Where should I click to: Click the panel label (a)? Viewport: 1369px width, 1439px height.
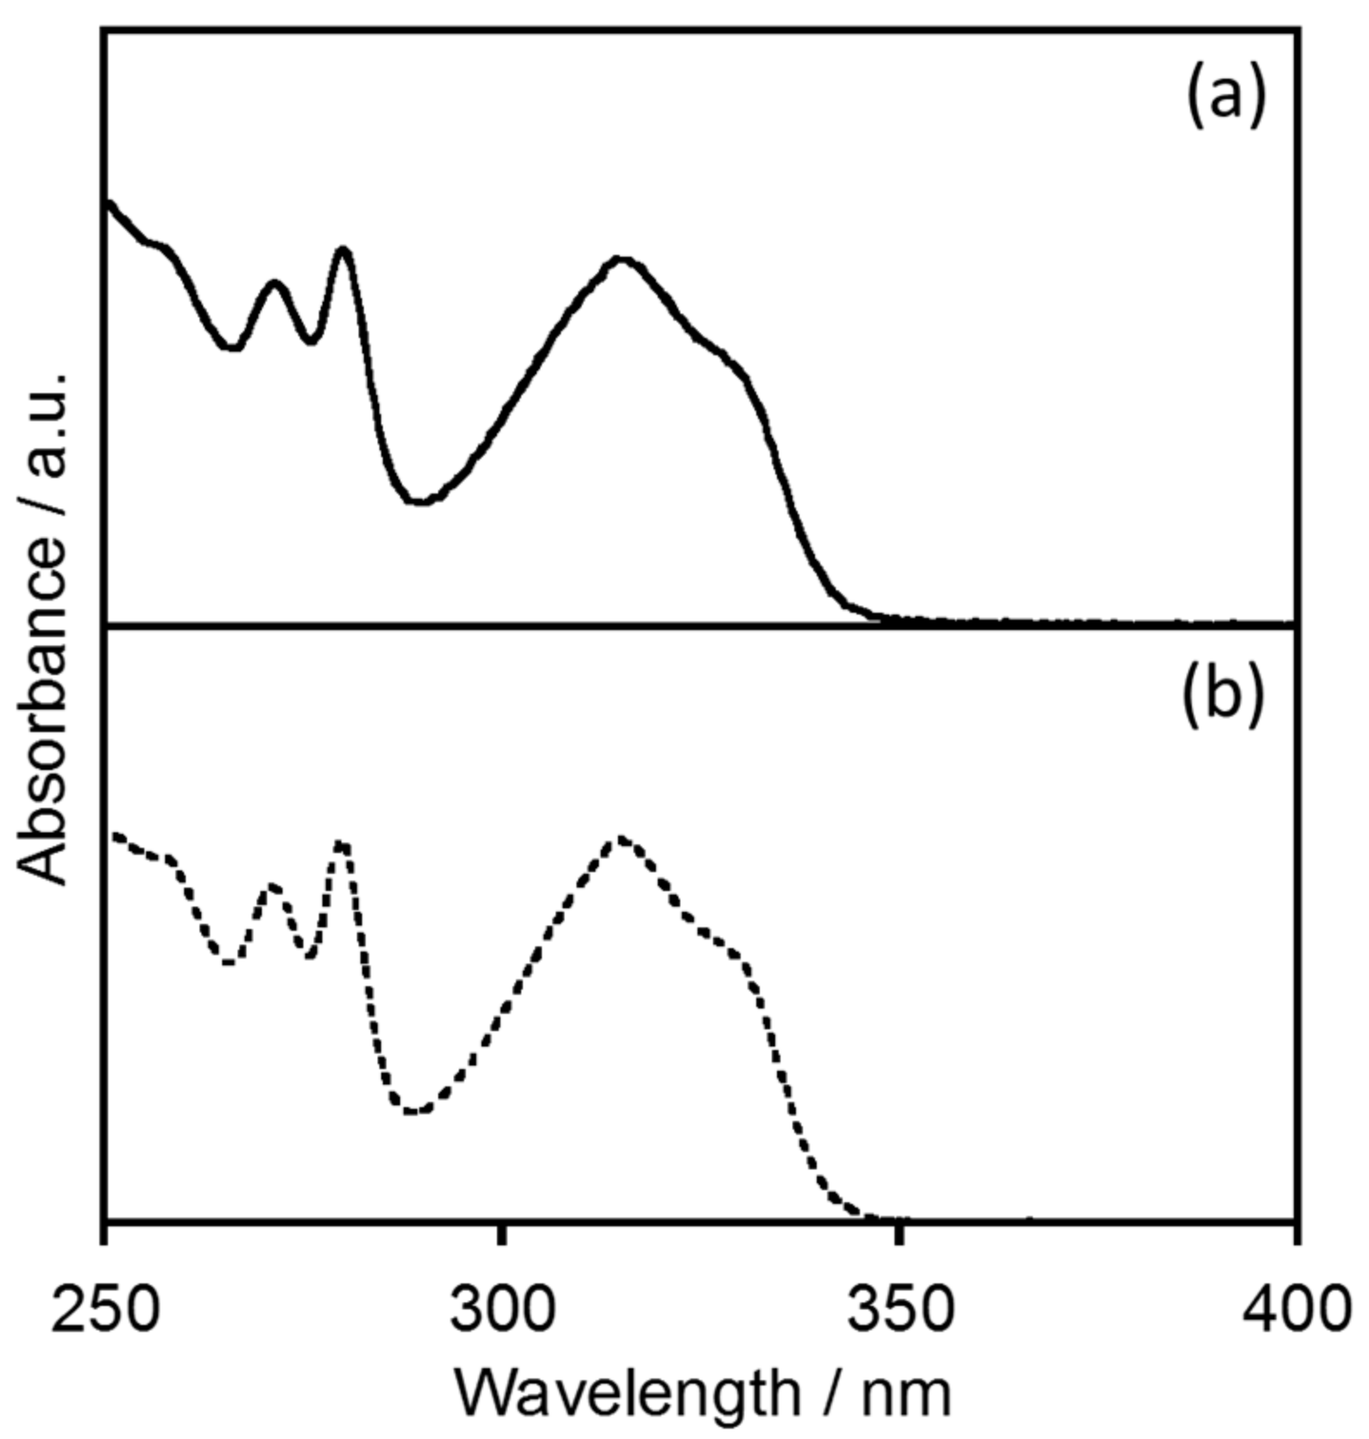(x=1225, y=95)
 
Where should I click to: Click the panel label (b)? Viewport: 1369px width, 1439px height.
(x=1223, y=692)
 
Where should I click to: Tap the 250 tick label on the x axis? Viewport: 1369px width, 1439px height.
(x=105, y=1308)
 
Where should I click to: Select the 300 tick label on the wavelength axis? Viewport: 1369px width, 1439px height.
(x=502, y=1308)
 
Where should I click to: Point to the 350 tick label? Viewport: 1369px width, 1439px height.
(x=900, y=1308)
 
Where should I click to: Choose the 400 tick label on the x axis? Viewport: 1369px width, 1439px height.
(x=1295, y=1308)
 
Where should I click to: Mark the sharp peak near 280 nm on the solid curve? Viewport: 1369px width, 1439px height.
(x=344, y=251)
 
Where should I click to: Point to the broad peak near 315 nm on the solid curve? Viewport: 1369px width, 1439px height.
(x=621, y=259)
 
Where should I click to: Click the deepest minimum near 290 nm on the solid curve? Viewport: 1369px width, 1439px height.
(x=420, y=501)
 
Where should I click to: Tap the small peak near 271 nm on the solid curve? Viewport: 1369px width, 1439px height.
(x=275, y=283)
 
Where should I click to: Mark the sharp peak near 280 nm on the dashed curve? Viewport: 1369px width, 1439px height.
(x=342, y=843)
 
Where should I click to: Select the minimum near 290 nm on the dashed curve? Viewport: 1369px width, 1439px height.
(x=416, y=1111)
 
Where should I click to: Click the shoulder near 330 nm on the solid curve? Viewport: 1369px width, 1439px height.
(x=730, y=359)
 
